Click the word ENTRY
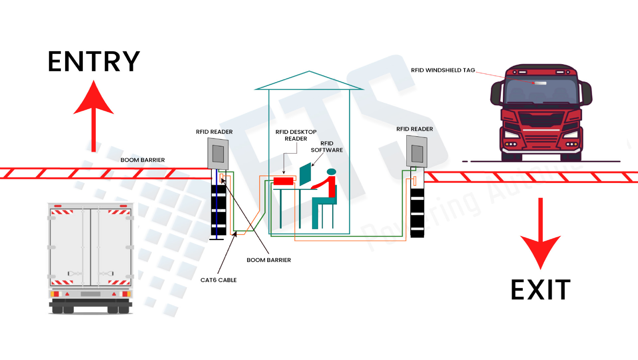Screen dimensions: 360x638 [x=94, y=61]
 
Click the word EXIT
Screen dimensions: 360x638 [x=540, y=290]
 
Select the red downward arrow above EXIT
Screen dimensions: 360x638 [x=540, y=235]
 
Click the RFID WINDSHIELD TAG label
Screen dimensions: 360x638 [x=443, y=70]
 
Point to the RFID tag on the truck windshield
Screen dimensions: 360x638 [x=540, y=83]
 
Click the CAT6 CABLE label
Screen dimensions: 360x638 [x=219, y=280]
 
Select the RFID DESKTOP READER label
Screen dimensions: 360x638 [x=296, y=135]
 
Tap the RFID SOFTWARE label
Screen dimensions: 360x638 [x=327, y=147]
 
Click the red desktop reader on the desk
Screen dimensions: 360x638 [x=284, y=181]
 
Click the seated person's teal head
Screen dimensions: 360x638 [x=331, y=172]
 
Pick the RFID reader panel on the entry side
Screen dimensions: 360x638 [x=218, y=154]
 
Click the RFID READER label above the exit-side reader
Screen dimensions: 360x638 [x=414, y=129]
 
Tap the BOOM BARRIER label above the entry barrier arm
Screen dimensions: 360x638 [x=142, y=160]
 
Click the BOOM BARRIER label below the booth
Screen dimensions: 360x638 [x=269, y=260]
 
